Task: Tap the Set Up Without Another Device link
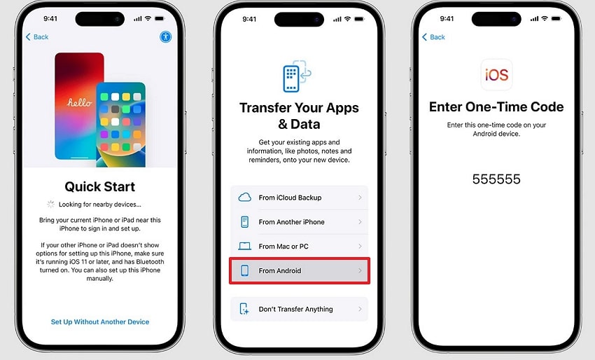[100, 322]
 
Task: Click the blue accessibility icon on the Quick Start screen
[166, 36]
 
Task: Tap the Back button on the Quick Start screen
[37, 36]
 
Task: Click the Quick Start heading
[100, 187]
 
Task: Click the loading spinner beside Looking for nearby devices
[50, 205]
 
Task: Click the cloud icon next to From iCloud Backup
[245, 198]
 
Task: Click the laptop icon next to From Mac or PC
[245, 247]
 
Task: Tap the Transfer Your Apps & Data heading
[299, 116]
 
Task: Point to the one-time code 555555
[496, 179]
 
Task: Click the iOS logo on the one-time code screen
[496, 74]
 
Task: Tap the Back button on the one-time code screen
[434, 36]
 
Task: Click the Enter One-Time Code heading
[496, 107]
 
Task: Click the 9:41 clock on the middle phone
[248, 20]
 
